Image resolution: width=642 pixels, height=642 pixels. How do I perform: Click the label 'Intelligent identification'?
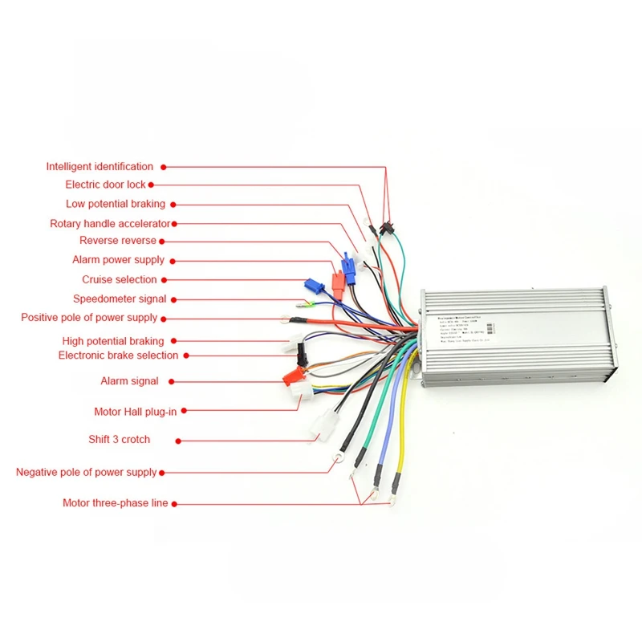tap(100, 167)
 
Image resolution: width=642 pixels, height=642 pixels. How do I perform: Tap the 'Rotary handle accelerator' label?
tap(110, 224)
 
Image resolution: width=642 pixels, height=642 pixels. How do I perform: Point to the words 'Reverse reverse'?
tap(118, 241)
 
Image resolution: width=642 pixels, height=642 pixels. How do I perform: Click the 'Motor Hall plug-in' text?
tap(135, 412)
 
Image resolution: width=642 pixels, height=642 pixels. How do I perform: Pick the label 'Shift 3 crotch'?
tap(119, 439)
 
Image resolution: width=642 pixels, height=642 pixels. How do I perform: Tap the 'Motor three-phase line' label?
tap(116, 503)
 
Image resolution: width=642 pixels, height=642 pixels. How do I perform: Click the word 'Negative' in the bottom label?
tap(38, 472)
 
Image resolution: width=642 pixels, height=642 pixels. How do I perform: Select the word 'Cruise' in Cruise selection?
tap(97, 279)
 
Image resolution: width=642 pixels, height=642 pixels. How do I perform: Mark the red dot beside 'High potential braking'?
tap(172, 341)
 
